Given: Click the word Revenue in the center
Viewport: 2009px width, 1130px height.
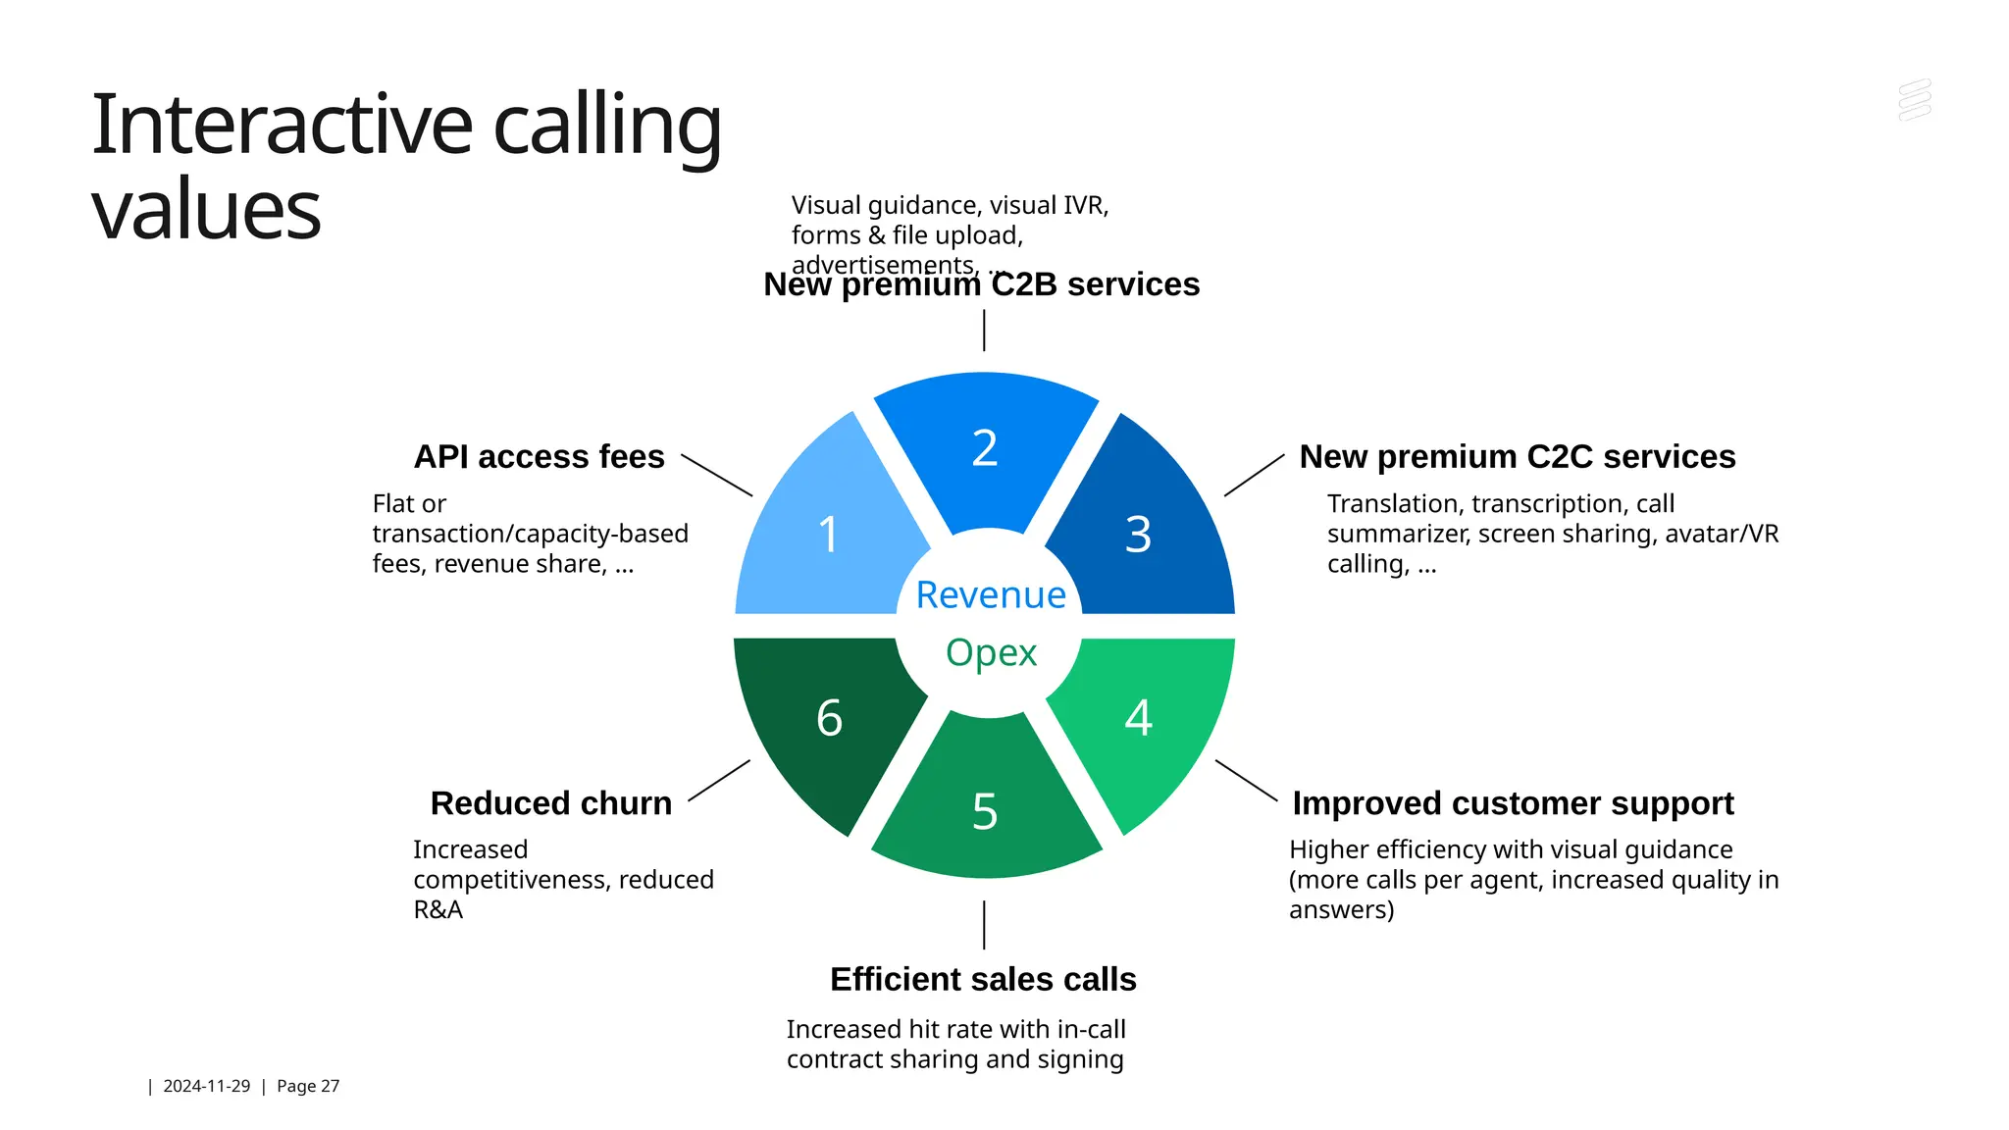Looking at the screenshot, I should (990, 594).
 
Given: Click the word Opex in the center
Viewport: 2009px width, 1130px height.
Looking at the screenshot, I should (991, 652).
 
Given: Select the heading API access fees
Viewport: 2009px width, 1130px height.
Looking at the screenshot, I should (539, 457).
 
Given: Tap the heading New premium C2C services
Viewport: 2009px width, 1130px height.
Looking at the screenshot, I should (1517, 457).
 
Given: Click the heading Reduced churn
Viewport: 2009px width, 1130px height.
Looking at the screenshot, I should (550, 803).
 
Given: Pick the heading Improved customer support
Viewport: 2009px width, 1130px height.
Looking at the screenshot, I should (1512, 803).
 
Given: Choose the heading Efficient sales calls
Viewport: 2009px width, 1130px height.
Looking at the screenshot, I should (983, 979).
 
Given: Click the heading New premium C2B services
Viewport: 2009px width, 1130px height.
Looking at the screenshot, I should (981, 285).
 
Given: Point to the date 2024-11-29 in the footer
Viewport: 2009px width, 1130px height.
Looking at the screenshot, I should (206, 1086).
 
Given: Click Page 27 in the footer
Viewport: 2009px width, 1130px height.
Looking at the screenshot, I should (308, 1086).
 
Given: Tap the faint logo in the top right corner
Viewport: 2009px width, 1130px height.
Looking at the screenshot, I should (1914, 101).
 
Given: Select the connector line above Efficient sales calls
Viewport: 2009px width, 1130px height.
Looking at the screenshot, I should (984, 925).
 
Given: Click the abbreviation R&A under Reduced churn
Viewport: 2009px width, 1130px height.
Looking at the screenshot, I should (438, 910).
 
